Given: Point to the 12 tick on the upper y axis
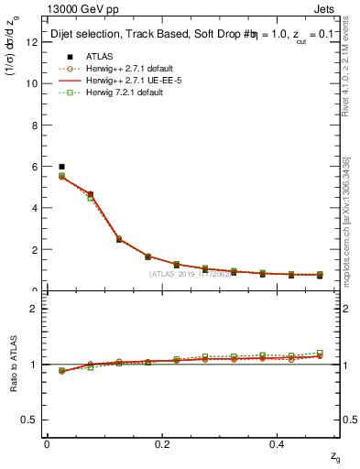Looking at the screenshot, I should coord(32,41).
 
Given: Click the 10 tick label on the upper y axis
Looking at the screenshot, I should coord(32,83).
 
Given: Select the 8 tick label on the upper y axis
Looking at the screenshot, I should coord(35,125).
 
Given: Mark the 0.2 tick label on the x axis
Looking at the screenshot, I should coord(162,443).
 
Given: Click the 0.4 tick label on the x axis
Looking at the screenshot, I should coord(278,443).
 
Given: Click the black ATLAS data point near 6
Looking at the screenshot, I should coord(61,167).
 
